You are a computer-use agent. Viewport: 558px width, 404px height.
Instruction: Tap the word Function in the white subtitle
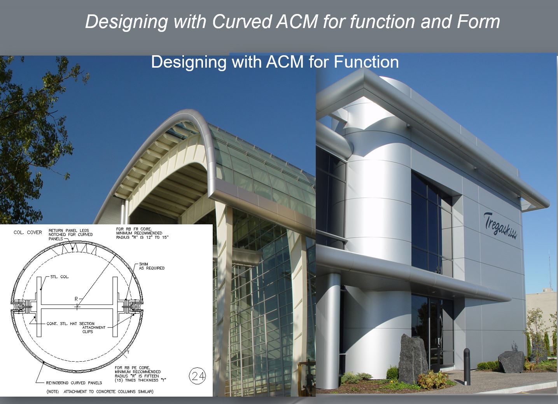pyautogui.click(x=366, y=62)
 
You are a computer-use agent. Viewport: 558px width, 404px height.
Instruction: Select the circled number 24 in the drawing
pyautogui.click(x=198, y=376)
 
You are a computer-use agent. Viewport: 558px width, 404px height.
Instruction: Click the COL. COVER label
pyautogui.click(x=28, y=233)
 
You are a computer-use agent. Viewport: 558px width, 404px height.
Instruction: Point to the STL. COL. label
pyautogui.click(x=59, y=277)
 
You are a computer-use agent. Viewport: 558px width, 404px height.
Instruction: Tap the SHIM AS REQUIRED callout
pyautogui.click(x=152, y=266)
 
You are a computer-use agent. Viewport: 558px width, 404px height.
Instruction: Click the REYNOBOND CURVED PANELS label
pyautogui.click(x=74, y=383)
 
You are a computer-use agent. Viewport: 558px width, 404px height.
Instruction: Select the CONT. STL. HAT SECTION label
pyautogui.click(x=70, y=324)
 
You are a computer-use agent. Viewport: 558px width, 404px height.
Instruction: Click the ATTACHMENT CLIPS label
pyautogui.click(x=94, y=329)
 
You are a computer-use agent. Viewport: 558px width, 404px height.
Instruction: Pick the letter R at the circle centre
pyautogui.click(x=77, y=299)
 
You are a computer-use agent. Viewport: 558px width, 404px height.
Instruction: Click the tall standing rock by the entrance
pyautogui.click(x=411, y=359)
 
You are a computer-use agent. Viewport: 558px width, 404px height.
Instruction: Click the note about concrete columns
pyautogui.click(x=100, y=392)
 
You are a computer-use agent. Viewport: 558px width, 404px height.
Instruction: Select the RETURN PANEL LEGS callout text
pyautogui.click(x=70, y=234)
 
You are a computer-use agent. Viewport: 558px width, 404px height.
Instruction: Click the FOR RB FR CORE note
pyautogui.click(x=142, y=233)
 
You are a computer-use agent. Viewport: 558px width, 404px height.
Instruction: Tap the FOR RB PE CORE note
pyautogui.click(x=140, y=374)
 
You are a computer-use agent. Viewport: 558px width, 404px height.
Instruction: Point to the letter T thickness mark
pyautogui.click(x=128, y=352)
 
